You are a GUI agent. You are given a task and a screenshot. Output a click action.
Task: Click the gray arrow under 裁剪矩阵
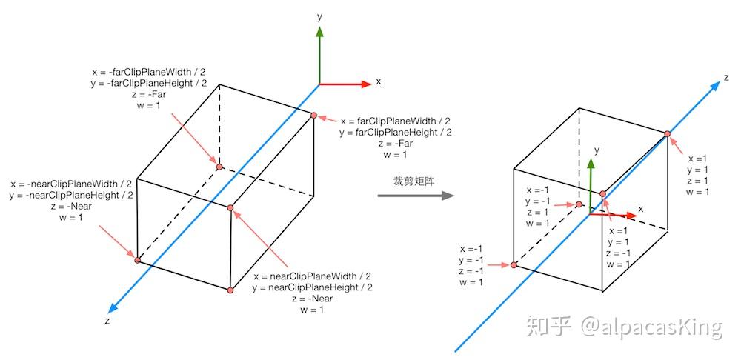tap(415, 196)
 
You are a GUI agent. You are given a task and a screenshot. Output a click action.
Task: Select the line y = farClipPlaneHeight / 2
tap(395, 133)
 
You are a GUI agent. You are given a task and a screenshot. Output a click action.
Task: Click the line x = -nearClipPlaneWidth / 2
tap(71, 184)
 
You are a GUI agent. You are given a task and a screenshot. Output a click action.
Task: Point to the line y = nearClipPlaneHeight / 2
tap(312, 287)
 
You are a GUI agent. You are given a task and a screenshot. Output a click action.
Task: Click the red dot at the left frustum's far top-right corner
tap(314, 115)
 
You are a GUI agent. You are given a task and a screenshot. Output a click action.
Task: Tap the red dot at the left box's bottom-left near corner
tap(137, 259)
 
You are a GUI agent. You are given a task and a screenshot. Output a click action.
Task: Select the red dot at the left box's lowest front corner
tap(230, 290)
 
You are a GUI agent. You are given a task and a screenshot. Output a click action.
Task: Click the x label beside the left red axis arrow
tap(378, 81)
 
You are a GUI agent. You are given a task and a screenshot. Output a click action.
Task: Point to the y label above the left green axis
tap(319, 16)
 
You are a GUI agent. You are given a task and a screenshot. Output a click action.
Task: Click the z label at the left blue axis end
tap(108, 321)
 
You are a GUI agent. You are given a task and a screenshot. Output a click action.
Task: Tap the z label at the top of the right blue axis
tap(726, 77)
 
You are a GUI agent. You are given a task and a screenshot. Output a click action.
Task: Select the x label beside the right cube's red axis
tap(641, 210)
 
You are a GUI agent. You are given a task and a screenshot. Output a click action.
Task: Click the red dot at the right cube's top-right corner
tap(667, 134)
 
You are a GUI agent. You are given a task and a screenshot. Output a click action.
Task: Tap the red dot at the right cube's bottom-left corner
tap(514, 264)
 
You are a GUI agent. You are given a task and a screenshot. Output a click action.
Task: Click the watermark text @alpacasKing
tap(651, 327)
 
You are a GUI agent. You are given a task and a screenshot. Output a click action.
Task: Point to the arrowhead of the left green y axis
tap(319, 32)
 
